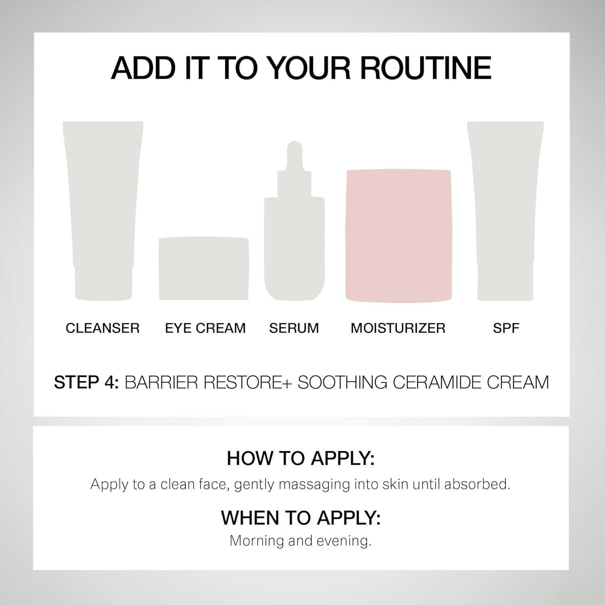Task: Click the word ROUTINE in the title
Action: point(426,68)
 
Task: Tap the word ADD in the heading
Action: point(144,68)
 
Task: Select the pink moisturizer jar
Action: point(398,236)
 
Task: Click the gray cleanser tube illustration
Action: point(103,211)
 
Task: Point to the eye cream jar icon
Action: point(204,269)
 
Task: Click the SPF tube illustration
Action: point(505,211)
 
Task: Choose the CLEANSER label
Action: point(102,328)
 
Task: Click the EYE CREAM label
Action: point(205,328)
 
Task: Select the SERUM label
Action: point(294,328)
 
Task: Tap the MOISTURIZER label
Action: point(398,328)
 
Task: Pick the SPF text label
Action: point(506,328)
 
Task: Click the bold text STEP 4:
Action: point(86,382)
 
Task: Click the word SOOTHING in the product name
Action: point(342,382)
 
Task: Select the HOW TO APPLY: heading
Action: point(301,459)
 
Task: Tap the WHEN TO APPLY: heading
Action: point(301,518)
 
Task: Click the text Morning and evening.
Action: point(300,541)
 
